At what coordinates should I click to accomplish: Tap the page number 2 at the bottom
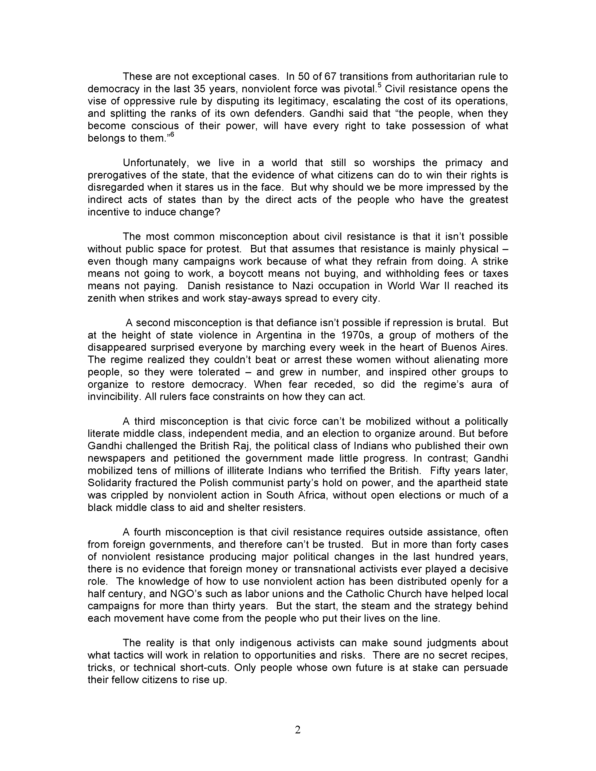(x=298, y=730)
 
